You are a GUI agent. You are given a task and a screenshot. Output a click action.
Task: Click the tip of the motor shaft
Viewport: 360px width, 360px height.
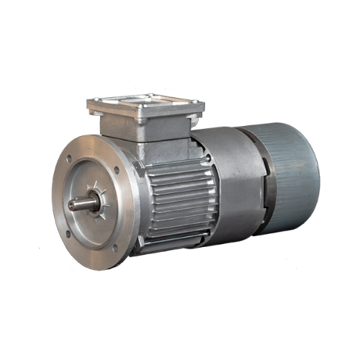[71, 204]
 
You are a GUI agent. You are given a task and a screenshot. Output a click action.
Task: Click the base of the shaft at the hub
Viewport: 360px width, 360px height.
[92, 204]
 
